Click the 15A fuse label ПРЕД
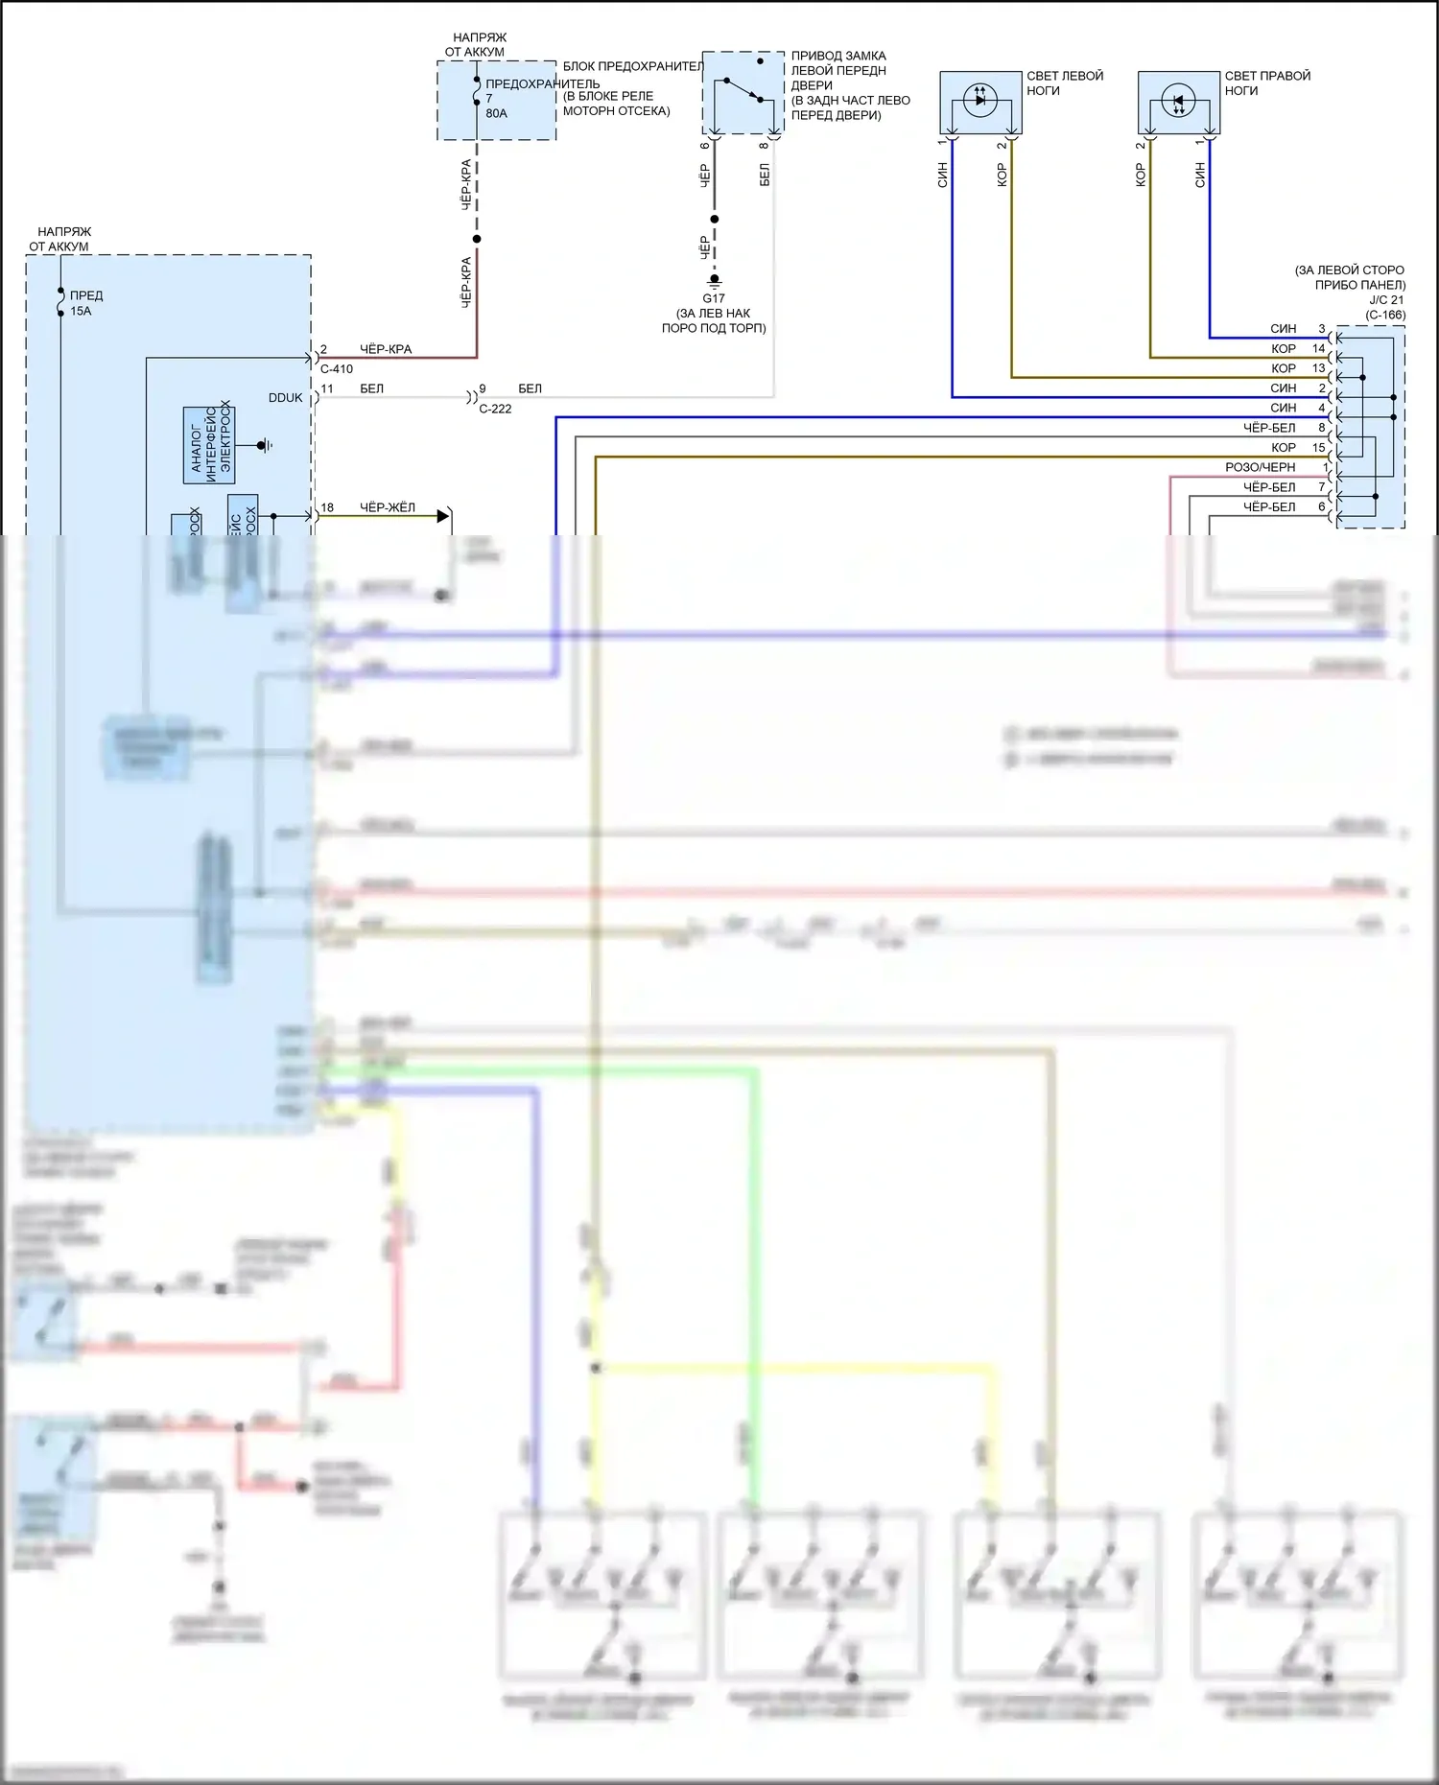click(86, 295)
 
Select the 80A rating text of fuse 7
click(496, 113)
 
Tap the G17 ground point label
click(714, 298)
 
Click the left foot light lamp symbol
click(979, 99)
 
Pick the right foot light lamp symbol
click(1178, 100)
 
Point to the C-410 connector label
click(336, 369)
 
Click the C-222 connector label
click(495, 409)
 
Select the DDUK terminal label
click(285, 398)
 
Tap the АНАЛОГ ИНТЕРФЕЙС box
click(209, 445)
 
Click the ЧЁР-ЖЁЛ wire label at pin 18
click(387, 507)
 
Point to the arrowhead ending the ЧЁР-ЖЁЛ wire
click(442, 516)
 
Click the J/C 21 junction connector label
click(1385, 300)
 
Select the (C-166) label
click(1385, 315)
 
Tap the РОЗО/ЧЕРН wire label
click(1260, 467)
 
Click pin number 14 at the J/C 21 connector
click(1318, 348)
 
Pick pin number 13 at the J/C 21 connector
click(1318, 368)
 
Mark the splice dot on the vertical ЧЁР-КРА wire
click(477, 239)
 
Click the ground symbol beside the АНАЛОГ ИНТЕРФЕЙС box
click(266, 445)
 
